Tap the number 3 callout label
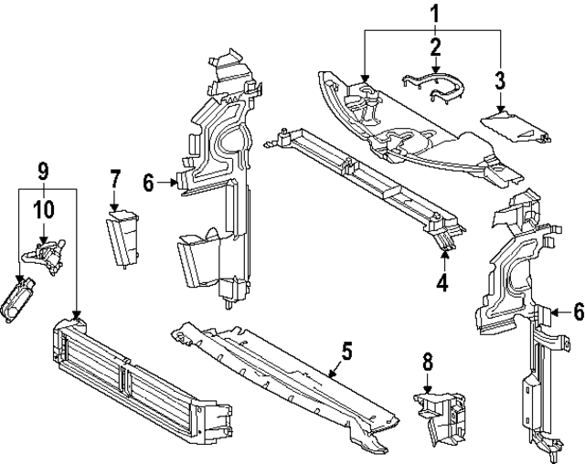click(500, 79)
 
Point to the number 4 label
click(442, 283)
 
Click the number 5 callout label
click(346, 351)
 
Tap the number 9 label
click(42, 170)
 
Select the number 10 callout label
click(42, 209)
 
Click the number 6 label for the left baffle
click(149, 184)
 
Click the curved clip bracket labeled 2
click(435, 90)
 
